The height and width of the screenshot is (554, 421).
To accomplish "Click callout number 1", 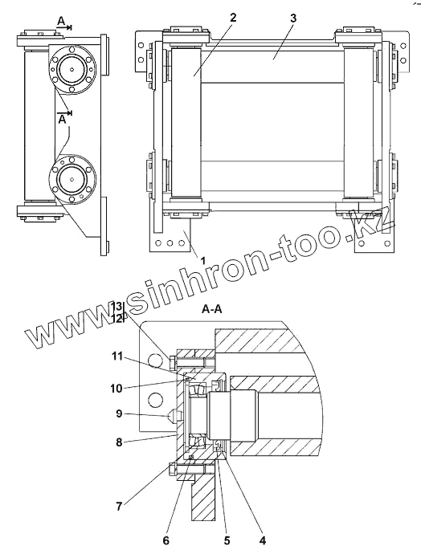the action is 203,261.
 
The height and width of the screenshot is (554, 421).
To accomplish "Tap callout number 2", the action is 232,18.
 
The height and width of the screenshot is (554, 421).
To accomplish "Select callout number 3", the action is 293,18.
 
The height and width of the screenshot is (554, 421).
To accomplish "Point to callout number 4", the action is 262,540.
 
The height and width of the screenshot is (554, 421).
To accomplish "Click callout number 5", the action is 227,540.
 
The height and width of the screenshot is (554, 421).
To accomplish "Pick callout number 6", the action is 166,540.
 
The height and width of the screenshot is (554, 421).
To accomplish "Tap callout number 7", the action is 119,507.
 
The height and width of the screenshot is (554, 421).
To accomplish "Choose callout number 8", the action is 119,442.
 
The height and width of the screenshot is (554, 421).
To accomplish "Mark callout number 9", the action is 119,413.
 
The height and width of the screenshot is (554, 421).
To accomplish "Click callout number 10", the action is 116,389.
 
